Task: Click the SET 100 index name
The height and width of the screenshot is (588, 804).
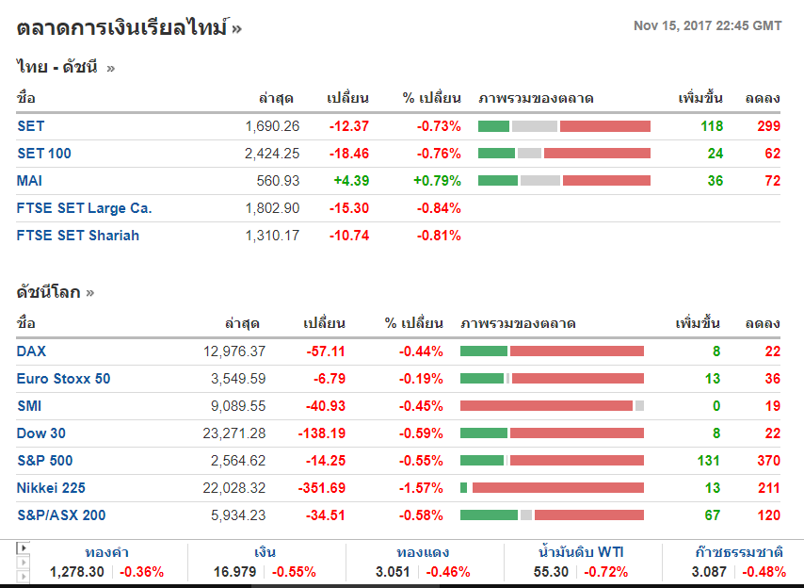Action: click(x=43, y=154)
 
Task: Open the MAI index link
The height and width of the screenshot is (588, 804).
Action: click(x=29, y=181)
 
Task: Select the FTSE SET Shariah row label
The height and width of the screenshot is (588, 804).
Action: click(x=77, y=236)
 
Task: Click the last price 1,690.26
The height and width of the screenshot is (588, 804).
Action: click(x=272, y=126)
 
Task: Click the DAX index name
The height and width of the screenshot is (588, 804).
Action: click(x=31, y=351)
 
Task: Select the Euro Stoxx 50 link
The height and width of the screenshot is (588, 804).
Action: click(x=63, y=379)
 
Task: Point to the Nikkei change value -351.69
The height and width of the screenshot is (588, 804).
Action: click(x=320, y=488)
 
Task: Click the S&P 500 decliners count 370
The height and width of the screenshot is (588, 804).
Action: click(x=768, y=461)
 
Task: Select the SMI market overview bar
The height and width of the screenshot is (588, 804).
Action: click(x=552, y=406)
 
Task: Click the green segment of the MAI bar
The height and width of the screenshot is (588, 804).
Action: click(x=498, y=181)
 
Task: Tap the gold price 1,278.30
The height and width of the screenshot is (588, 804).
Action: click(x=76, y=572)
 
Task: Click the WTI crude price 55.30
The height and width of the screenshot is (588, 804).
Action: click(x=551, y=572)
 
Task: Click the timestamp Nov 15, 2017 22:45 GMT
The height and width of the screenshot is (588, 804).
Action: click(x=707, y=25)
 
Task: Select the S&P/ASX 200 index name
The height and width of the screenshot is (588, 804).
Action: click(x=61, y=515)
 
